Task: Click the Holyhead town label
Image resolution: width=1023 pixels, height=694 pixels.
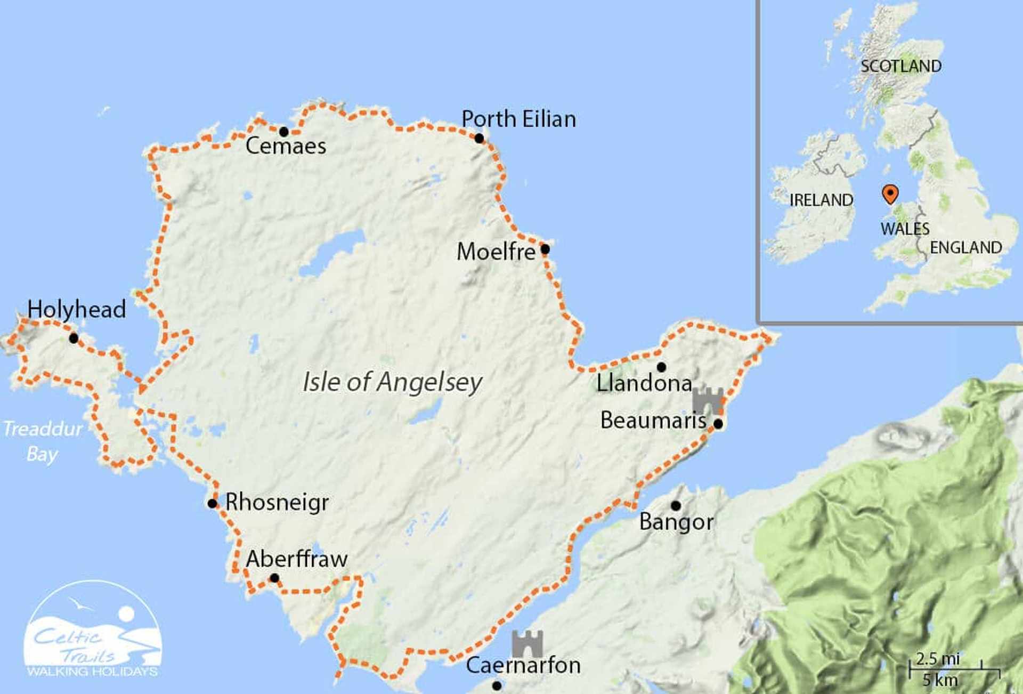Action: pos(77,309)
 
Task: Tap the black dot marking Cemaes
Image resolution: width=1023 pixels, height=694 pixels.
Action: pos(284,132)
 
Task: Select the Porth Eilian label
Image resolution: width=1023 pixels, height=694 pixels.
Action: pos(518,119)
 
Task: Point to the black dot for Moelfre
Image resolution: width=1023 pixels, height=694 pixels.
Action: pos(545,249)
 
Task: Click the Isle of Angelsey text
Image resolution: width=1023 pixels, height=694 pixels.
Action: pos(392,382)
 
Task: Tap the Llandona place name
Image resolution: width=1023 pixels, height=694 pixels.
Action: pos(644,383)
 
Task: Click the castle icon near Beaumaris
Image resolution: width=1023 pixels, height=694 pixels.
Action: pos(708,400)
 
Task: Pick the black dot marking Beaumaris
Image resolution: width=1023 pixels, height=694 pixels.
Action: pos(718,424)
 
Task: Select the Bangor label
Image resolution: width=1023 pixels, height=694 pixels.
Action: pos(676,522)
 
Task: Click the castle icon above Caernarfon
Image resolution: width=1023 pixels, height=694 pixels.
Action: pos(527,644)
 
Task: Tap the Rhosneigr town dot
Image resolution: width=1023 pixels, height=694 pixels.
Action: pos(213,503)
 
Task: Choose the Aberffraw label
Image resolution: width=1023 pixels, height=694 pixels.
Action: pos(297,559)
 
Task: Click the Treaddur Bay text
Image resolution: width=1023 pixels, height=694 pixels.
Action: pos(43,441)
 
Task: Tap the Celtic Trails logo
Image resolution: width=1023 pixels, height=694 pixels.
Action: pos(93,630)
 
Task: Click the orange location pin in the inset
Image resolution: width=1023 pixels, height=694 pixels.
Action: pos(890,194)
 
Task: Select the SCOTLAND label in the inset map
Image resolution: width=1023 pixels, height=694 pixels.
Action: pos(901,66)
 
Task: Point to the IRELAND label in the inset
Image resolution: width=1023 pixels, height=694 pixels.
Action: pos(821,200)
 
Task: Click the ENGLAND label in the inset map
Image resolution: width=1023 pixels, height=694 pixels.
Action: pos(965,247)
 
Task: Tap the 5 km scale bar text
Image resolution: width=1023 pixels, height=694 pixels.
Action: pos(940,680)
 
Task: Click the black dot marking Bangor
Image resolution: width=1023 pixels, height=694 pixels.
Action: pos(676,505)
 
